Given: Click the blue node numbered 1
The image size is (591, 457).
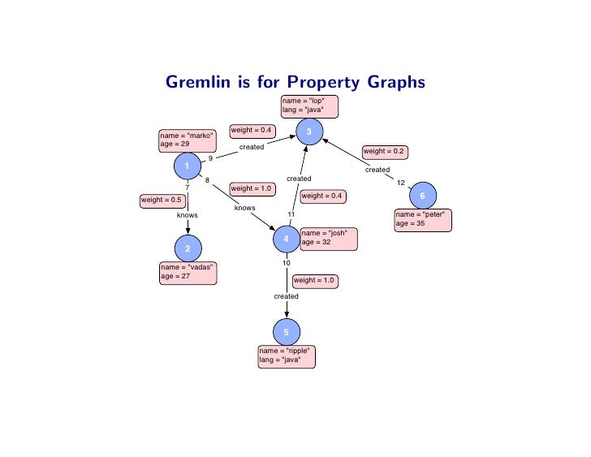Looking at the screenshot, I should tap(188, 166).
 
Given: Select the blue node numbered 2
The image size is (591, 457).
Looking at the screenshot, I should tap(188, 248).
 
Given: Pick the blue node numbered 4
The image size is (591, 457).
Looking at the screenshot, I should tap(286, 239).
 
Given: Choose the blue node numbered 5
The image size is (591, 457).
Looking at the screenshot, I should tap(286, 331).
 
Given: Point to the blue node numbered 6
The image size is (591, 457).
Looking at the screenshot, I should tap(422, 196).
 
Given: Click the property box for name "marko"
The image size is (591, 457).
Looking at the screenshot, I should tap(188, 140).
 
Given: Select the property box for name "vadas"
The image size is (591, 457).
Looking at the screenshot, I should tap(188, 273).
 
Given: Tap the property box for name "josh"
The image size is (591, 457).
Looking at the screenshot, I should tap(328, 237).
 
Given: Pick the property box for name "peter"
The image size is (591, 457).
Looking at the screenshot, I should tap(421, 219).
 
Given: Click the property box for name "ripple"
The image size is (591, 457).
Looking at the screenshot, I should tap(286, 356).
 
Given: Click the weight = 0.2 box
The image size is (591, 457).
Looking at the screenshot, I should tap(385, 151).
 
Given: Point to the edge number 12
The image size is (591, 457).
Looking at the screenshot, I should tap(401, 182).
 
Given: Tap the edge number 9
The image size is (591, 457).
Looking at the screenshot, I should tap(210, 158).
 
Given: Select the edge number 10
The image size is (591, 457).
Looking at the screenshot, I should tap(287, 263).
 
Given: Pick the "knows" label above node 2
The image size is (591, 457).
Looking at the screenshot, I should tap(188, 215).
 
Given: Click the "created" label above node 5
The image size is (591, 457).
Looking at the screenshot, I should tap(286, 296).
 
